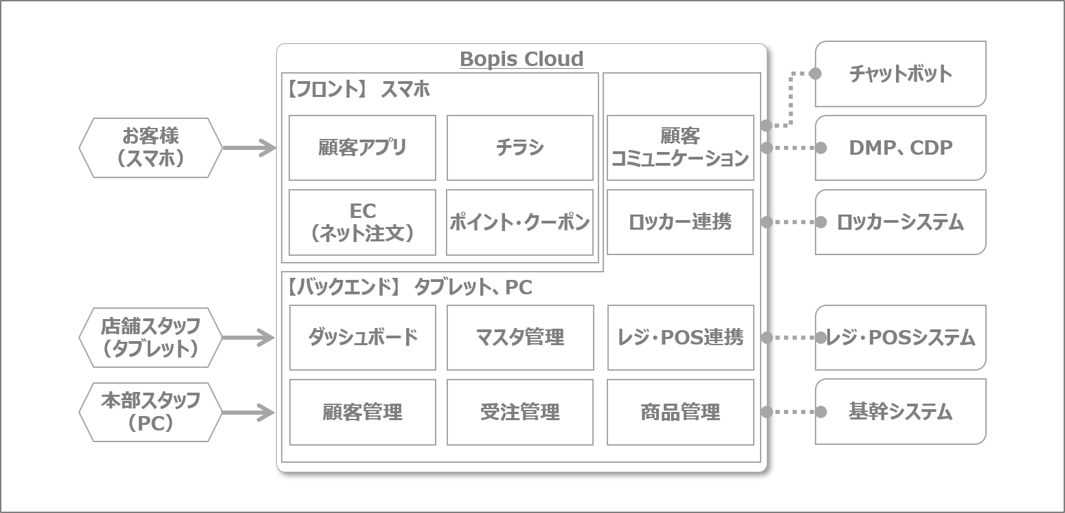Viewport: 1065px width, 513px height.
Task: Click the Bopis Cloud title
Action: (522, 60)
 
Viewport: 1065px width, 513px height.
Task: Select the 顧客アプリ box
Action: (362, 148)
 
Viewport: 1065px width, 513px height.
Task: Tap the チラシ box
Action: (519, 148)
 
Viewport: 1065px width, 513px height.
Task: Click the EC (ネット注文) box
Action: (362, 222)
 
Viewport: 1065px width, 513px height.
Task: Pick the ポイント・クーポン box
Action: (519, 222)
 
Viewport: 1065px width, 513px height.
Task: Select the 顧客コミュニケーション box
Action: (680, 148)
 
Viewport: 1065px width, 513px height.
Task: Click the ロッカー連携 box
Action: (680, 221)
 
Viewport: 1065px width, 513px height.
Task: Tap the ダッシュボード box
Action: (362, 338)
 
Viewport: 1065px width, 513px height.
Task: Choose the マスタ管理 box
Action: (520, 338)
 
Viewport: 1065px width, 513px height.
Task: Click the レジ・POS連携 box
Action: (680, 338)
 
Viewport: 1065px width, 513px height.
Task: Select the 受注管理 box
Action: (519, 412)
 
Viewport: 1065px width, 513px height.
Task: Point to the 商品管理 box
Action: (680, 412)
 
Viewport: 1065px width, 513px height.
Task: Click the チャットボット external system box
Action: (901, 74)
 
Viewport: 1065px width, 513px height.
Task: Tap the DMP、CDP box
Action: (901, 148)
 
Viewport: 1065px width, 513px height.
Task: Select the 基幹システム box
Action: (901, 412)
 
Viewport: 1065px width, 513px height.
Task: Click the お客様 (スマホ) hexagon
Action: (150, 148)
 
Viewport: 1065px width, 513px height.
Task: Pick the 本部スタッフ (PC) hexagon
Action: (150, 412)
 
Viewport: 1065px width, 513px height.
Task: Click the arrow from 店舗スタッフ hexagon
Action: (249, 338)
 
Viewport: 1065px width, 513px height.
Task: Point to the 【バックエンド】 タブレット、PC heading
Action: (410, 287)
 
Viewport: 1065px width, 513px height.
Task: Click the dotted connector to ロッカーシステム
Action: (794, 221)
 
